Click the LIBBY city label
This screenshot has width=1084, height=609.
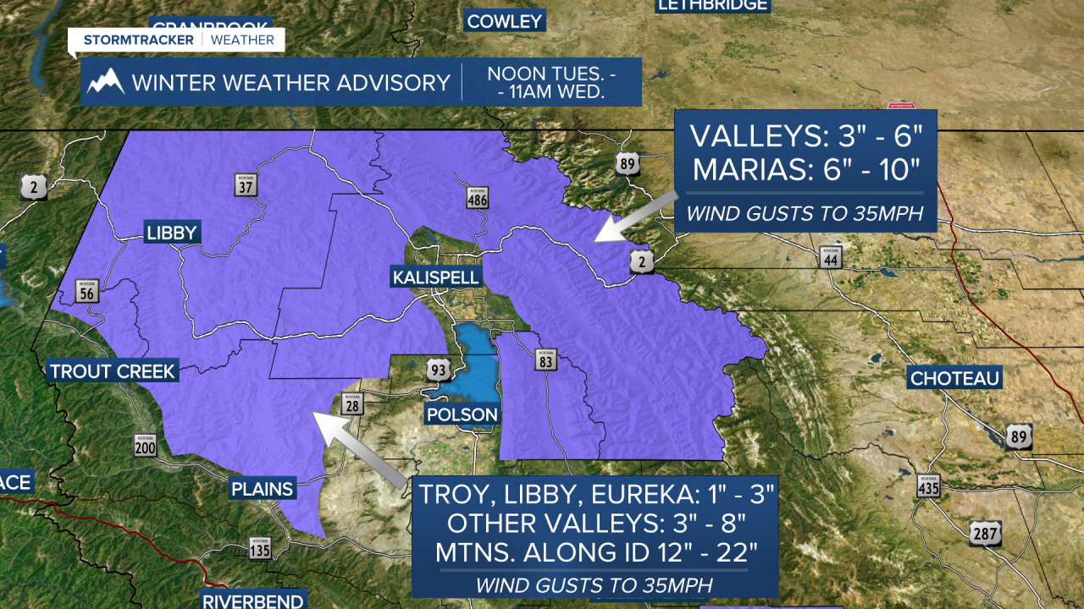tap(172, 233)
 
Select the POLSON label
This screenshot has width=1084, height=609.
tap(462, 414)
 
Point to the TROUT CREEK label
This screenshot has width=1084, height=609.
tap(112, 370)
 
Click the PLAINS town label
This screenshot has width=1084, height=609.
tap(263, 488)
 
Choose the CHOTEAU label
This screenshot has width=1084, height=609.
tap(954, 377)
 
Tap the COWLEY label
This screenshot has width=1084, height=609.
tap(504, 21)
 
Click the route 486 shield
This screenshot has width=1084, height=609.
tap(477, 198)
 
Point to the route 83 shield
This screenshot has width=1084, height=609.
tap(545, 361)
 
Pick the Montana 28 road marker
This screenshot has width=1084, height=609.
tap(352, 405)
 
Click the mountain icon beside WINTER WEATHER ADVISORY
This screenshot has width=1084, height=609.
tap(106, 82)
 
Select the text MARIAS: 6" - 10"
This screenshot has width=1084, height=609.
tap(805, 169)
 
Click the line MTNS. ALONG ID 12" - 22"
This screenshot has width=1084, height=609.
tap(595, 552)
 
